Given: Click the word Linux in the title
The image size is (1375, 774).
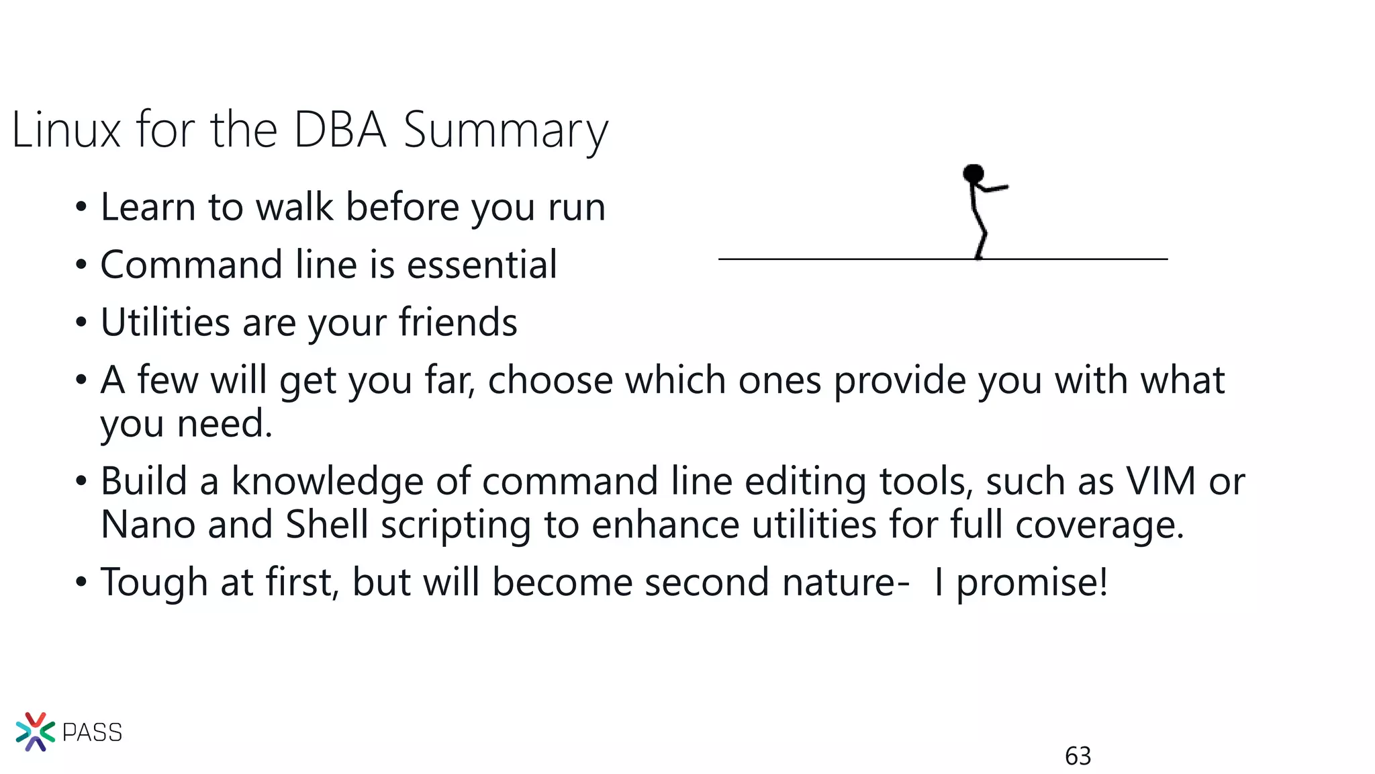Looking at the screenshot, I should pyautogui.click(x=66, y=130).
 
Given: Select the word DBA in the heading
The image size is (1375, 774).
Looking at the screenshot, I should pyautogui.click(x=340, y=130).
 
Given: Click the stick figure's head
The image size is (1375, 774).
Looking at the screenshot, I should pyautogui.click(x=973, y=174).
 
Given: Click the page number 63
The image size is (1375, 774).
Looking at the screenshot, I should pyautogui.click(x=1078, y=757).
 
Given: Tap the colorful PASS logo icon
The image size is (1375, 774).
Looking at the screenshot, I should pyautogui.click(x=35, y=732).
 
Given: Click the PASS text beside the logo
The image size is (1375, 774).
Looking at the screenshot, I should pyautogui.click(x=92, y=732).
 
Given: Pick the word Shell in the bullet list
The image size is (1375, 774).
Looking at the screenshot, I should pyautogui.click(x=327, y=524).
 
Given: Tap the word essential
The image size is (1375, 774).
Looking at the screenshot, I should pyautogui.click(x=482, y=264).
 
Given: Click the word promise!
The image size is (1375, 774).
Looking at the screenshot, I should pyautogui.click(x=1032, y=583).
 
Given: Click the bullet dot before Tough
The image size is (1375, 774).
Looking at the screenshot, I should pyautogui.click(x=81, y=583).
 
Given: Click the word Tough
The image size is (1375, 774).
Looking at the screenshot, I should pyautogui.click(x=154, y=583).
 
